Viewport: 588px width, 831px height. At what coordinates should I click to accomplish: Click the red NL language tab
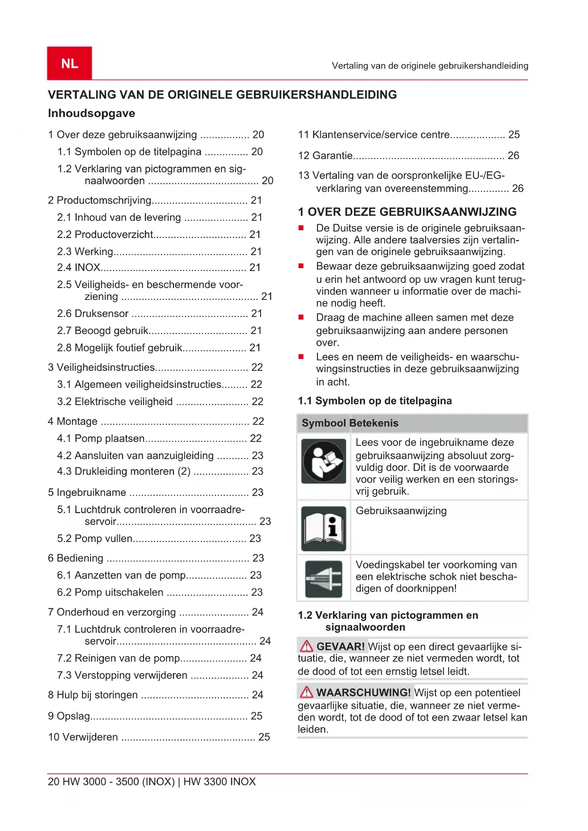click(69, 63)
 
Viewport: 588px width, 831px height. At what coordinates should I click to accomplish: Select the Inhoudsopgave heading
click(91, 113)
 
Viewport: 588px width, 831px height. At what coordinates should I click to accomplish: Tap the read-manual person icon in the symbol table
click(324, 461)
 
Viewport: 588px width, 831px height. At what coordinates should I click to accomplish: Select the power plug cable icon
click(324, 578)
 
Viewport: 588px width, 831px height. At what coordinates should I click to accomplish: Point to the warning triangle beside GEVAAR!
click(307, 646)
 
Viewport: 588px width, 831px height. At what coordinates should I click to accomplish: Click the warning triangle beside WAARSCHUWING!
click(307, 692)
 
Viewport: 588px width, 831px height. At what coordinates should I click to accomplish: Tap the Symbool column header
click(324, 423)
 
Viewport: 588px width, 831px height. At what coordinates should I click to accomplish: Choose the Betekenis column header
click(374, 423)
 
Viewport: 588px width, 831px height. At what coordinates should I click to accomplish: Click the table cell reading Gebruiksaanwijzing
click(401, 511)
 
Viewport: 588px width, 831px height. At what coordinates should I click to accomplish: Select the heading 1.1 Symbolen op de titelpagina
click(375, 401)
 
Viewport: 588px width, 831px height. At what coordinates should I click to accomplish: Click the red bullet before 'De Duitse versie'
click(301, 228)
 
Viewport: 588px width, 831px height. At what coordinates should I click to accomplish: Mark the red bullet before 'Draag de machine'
click(301, 317)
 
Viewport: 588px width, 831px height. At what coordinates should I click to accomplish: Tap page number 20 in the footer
click(54, 782)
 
